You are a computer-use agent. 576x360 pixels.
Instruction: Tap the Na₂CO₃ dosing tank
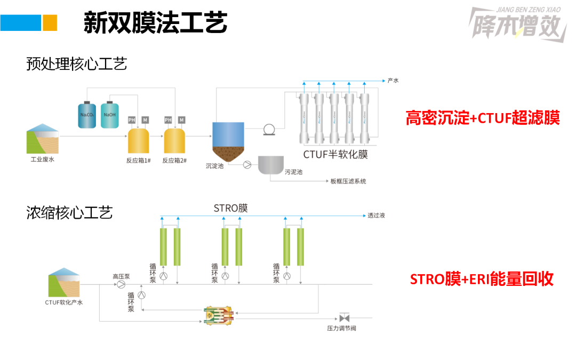tap(87, 115)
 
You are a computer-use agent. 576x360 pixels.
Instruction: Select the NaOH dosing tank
tap(110, 115)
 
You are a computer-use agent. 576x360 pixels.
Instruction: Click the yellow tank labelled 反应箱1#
tap(138, 140)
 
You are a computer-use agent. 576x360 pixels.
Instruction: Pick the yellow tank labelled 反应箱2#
tap(174, 140)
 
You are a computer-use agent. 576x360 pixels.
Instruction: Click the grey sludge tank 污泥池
tap(271, 165)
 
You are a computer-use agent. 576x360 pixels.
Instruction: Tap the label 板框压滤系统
tap(348, 181)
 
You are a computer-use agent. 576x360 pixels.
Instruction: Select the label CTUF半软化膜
tap(335, 155)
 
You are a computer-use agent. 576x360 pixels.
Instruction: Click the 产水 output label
tap(393, 81)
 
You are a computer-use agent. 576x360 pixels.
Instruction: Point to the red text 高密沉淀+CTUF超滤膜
tap(483, 118)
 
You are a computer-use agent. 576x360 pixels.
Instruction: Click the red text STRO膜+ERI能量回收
tap(482, 278)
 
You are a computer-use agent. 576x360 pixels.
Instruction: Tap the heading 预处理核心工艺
tap(77, 65)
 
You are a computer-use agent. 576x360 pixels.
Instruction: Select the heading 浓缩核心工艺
tap(70, 213)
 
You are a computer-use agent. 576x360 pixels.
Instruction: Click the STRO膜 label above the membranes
tap(230, 207)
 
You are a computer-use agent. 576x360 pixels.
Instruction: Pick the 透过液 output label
tap(376, 216)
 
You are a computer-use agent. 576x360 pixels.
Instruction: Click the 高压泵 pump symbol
tap(122, 285)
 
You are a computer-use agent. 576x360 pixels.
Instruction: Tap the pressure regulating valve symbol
tap(344, 317)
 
